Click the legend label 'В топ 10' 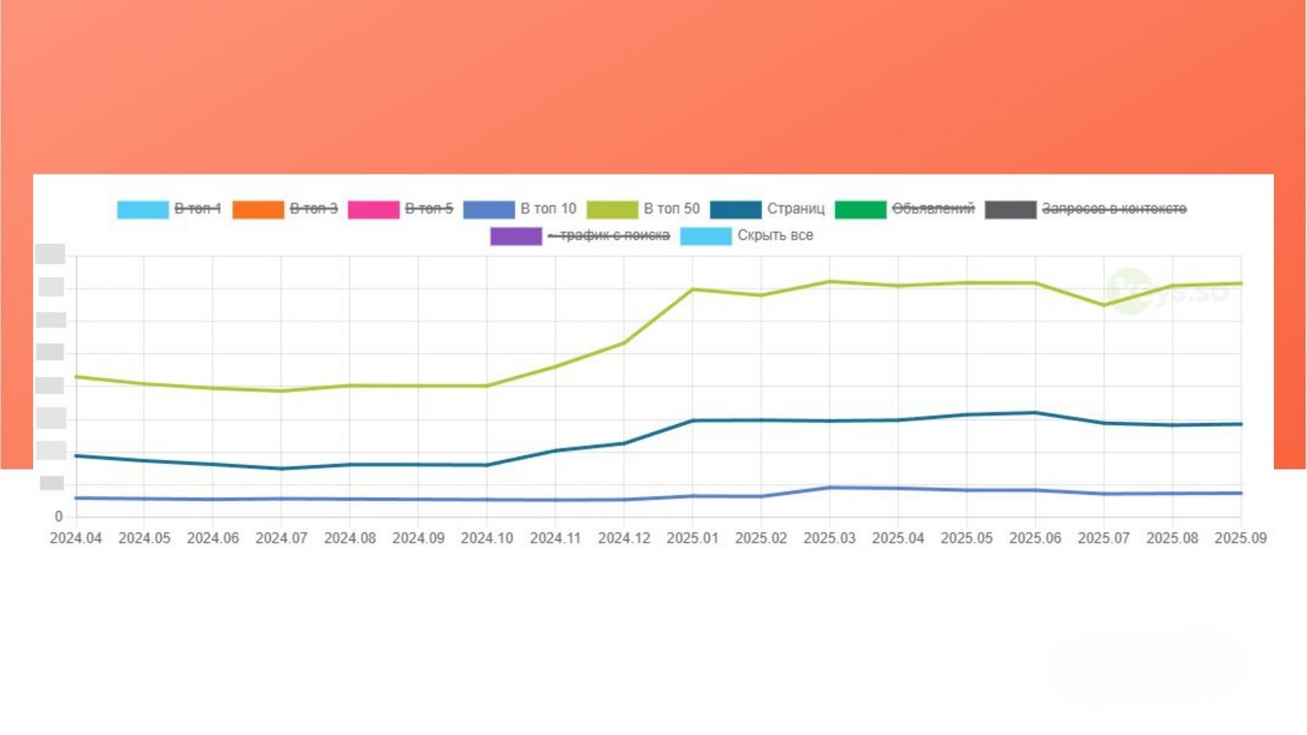click(x=548, y=209)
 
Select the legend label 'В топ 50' click(x=671, y=209)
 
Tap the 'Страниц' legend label click(x=796, y=209)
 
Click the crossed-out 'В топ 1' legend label click(x=198, y=209)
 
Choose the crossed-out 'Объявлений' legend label click(x=933, y=209)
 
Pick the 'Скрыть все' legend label click(x=774, y=236)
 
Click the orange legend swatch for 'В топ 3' click(x=257, y=209)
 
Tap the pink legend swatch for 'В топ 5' click(x=374, y=209)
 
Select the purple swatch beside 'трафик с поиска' click(x=516, y=236)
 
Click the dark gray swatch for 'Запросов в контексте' click(x=1010, y=209)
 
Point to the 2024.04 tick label click(x=76, y=538)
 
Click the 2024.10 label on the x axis click(x=487, y=538)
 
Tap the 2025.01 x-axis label click(x=693, y=538)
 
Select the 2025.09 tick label click(x=1241, y=538)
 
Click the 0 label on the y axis click(x=59, y=517)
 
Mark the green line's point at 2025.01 click(x=693, y=290)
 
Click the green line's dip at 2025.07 click(x=1104, y=305)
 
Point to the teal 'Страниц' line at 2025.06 click(x=1035, y=412)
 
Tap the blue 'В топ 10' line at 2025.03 click(x=830, y=487)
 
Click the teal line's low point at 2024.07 click(x=282, y=469)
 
